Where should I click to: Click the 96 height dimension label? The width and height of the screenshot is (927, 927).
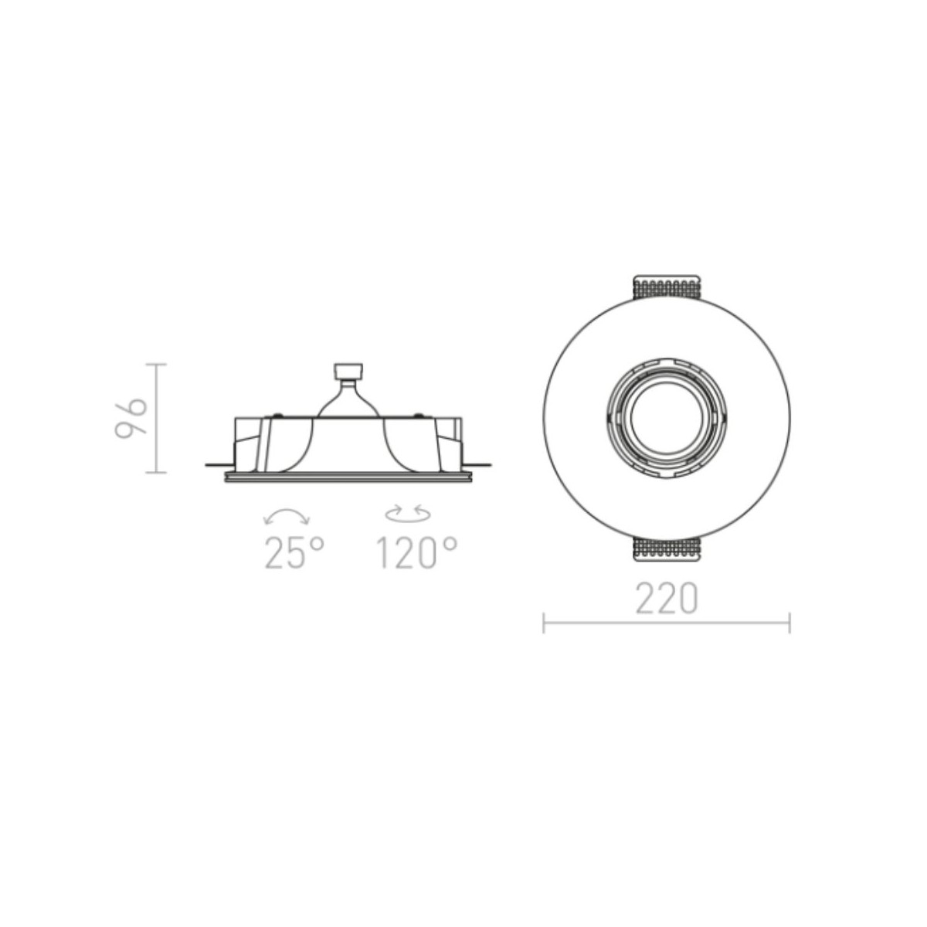point(130,418)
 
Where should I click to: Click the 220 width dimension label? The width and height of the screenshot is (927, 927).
point(666,598)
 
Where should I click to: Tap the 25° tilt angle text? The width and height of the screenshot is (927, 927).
point(294,553)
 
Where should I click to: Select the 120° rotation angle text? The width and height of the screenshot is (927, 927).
point(416,553)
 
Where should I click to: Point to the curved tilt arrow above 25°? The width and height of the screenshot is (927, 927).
point(287,511)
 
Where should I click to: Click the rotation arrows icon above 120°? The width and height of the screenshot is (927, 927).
point(408,513)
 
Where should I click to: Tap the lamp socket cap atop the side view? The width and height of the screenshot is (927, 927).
point(348,372)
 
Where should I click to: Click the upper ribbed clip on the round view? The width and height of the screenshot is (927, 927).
point(666,287)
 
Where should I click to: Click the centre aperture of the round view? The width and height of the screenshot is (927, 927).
point(666,419)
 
